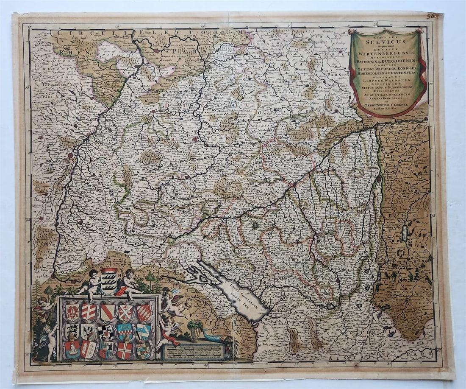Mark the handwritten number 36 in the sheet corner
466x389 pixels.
coord(433,17)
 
